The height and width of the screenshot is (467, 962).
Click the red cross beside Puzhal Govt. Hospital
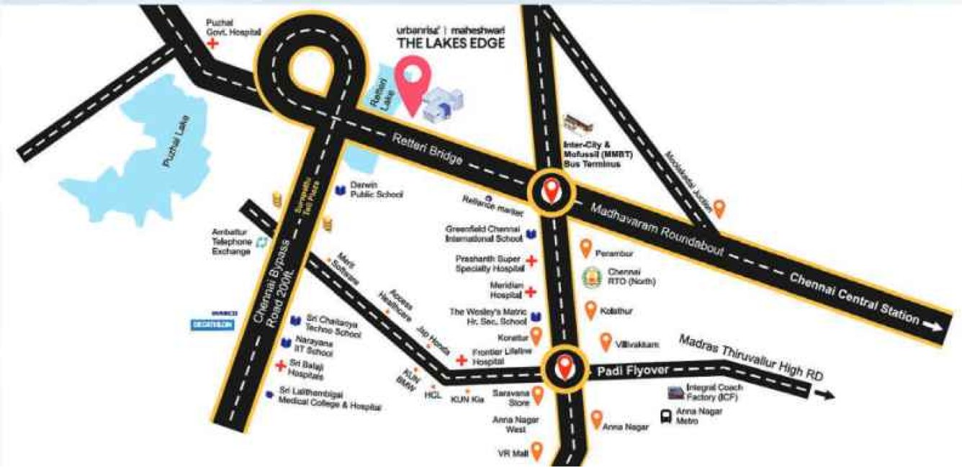(x=212, y=44)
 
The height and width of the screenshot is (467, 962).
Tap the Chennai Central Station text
(x=855, y=296)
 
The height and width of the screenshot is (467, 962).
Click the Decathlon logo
(x=210, y=324)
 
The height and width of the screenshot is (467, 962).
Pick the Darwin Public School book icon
(x=340, y=191)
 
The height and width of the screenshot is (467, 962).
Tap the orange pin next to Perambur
(x=585, y=248)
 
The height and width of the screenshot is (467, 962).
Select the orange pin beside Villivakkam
(x=606, y=341)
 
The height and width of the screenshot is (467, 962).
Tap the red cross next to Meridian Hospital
(x=531, y=291)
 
